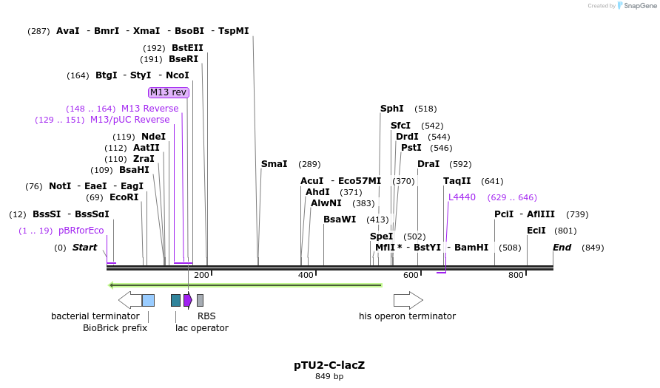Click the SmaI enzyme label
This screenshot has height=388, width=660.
pos(274,164)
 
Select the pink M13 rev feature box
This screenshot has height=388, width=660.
pos(169,92)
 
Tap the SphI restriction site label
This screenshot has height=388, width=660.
pos(392,109)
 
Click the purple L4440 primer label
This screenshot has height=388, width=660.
pos(462,197)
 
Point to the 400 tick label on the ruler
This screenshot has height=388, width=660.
pos(306,275)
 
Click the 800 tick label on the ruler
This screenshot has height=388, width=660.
pos(516,275)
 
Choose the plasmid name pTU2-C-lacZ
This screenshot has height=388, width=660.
pos(329,365)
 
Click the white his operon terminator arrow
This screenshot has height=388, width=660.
pos(408,300)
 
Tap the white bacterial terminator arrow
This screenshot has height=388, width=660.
pos(129,300)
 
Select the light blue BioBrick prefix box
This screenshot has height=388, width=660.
pos(148,300)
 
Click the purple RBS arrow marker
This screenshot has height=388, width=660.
pos(188,300)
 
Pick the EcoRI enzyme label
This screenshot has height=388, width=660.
pos(124,197)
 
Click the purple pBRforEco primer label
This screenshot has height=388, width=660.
pos(81,231)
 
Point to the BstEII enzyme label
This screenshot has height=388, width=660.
pos(187,48)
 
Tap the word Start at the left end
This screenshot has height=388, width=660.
pos(84,248)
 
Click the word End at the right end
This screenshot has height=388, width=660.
pos(562,248)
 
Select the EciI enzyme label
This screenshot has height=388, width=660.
pos(536,231)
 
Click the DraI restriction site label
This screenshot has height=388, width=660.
pos(428,164)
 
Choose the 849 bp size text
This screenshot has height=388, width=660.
pos(329,376)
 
